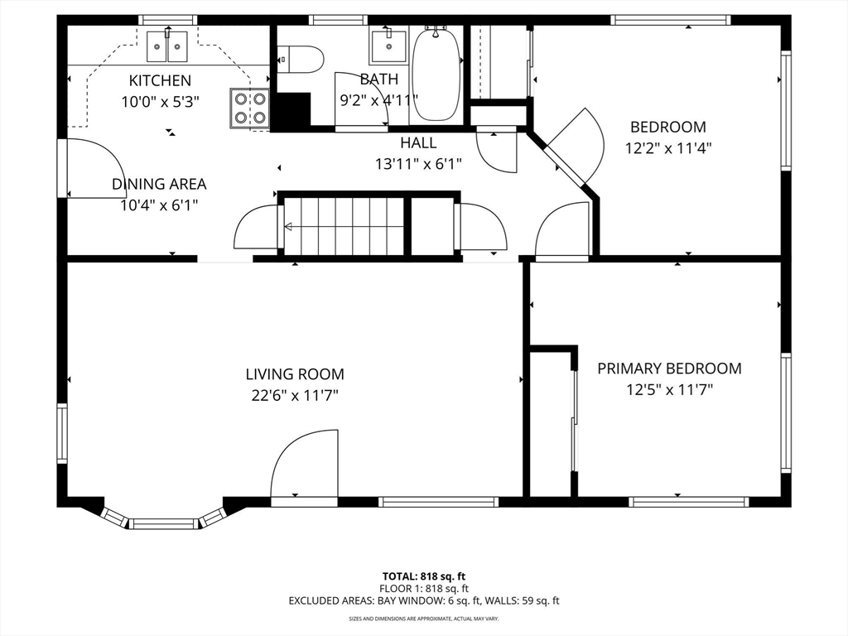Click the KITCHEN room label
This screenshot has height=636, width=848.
click(160, 80)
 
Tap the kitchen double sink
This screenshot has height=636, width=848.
click(167, 46)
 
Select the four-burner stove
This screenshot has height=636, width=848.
click(250, 108)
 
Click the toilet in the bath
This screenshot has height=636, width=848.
click(301, 59)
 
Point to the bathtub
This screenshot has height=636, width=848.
click(436, 74)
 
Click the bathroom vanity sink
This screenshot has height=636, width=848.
click(388, 47)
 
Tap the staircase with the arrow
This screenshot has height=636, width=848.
click(344, 226)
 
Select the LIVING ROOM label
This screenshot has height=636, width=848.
click(295, 374)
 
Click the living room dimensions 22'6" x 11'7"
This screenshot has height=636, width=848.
click(295, 396)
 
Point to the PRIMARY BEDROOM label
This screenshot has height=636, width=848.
click(669, 369)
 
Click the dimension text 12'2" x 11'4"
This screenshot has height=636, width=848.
click(668, 148)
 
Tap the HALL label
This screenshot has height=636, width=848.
click(418, 142)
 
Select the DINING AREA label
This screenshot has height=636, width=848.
click(159, 184)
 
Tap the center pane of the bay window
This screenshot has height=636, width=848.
click(163, 523)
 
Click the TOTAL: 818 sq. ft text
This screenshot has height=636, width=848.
click(424, 576)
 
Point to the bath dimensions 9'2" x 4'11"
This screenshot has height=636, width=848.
click(379, 100)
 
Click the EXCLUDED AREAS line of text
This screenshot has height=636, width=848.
click(424, 601)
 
